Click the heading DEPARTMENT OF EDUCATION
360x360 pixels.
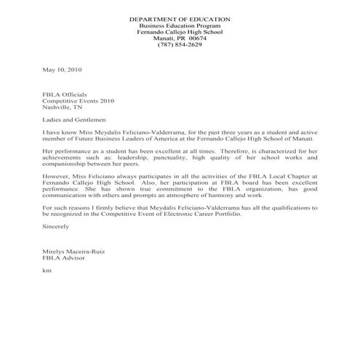pos(180,17)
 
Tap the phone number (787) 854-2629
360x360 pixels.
pos(180,44)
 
